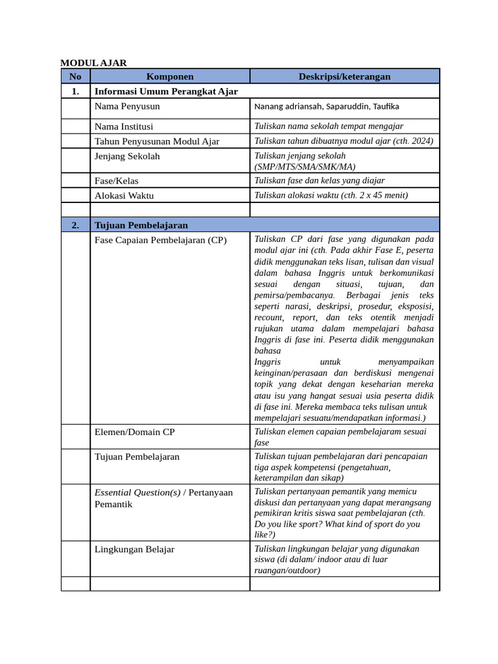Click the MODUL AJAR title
[93, 63]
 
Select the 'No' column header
[75, 77]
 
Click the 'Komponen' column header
[169, 77]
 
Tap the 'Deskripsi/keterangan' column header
[344, 77]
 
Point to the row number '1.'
[75, 91]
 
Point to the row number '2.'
[75, 225]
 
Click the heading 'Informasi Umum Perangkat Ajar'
[166, 91]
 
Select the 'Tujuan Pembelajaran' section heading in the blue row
[141, 225]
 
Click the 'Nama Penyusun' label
[127, 106]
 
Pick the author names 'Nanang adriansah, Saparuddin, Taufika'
[326, 106]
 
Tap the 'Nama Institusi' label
[124, 126]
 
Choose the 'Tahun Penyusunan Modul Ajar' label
[157, 141]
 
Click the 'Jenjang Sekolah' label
[127, 156]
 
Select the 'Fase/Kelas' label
[116, 181]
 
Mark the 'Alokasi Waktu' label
[124, 195]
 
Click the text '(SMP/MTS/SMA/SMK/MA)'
[305, 167]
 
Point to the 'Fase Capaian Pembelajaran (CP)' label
[161, 241]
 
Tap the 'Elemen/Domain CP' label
[134, 432]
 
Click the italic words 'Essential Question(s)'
[137, 493]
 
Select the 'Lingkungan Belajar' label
[134, 549]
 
